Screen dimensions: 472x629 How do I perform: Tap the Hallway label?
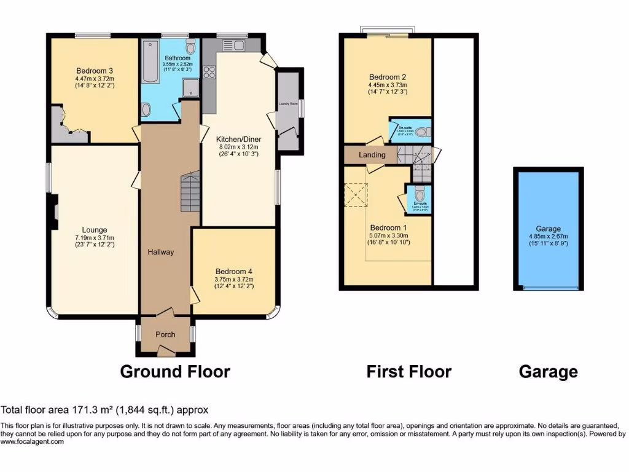pyautogui.click(x=160, y=252)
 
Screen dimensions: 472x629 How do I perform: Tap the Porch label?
pyautogui.click(x=165, y=335)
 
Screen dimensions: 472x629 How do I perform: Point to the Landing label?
pyautogui.click(x=372, y=155)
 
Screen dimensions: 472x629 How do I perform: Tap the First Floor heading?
pyautogui.click(x=408, y=372)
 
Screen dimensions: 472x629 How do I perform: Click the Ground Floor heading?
pyautogui.click(x=175, y=372)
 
